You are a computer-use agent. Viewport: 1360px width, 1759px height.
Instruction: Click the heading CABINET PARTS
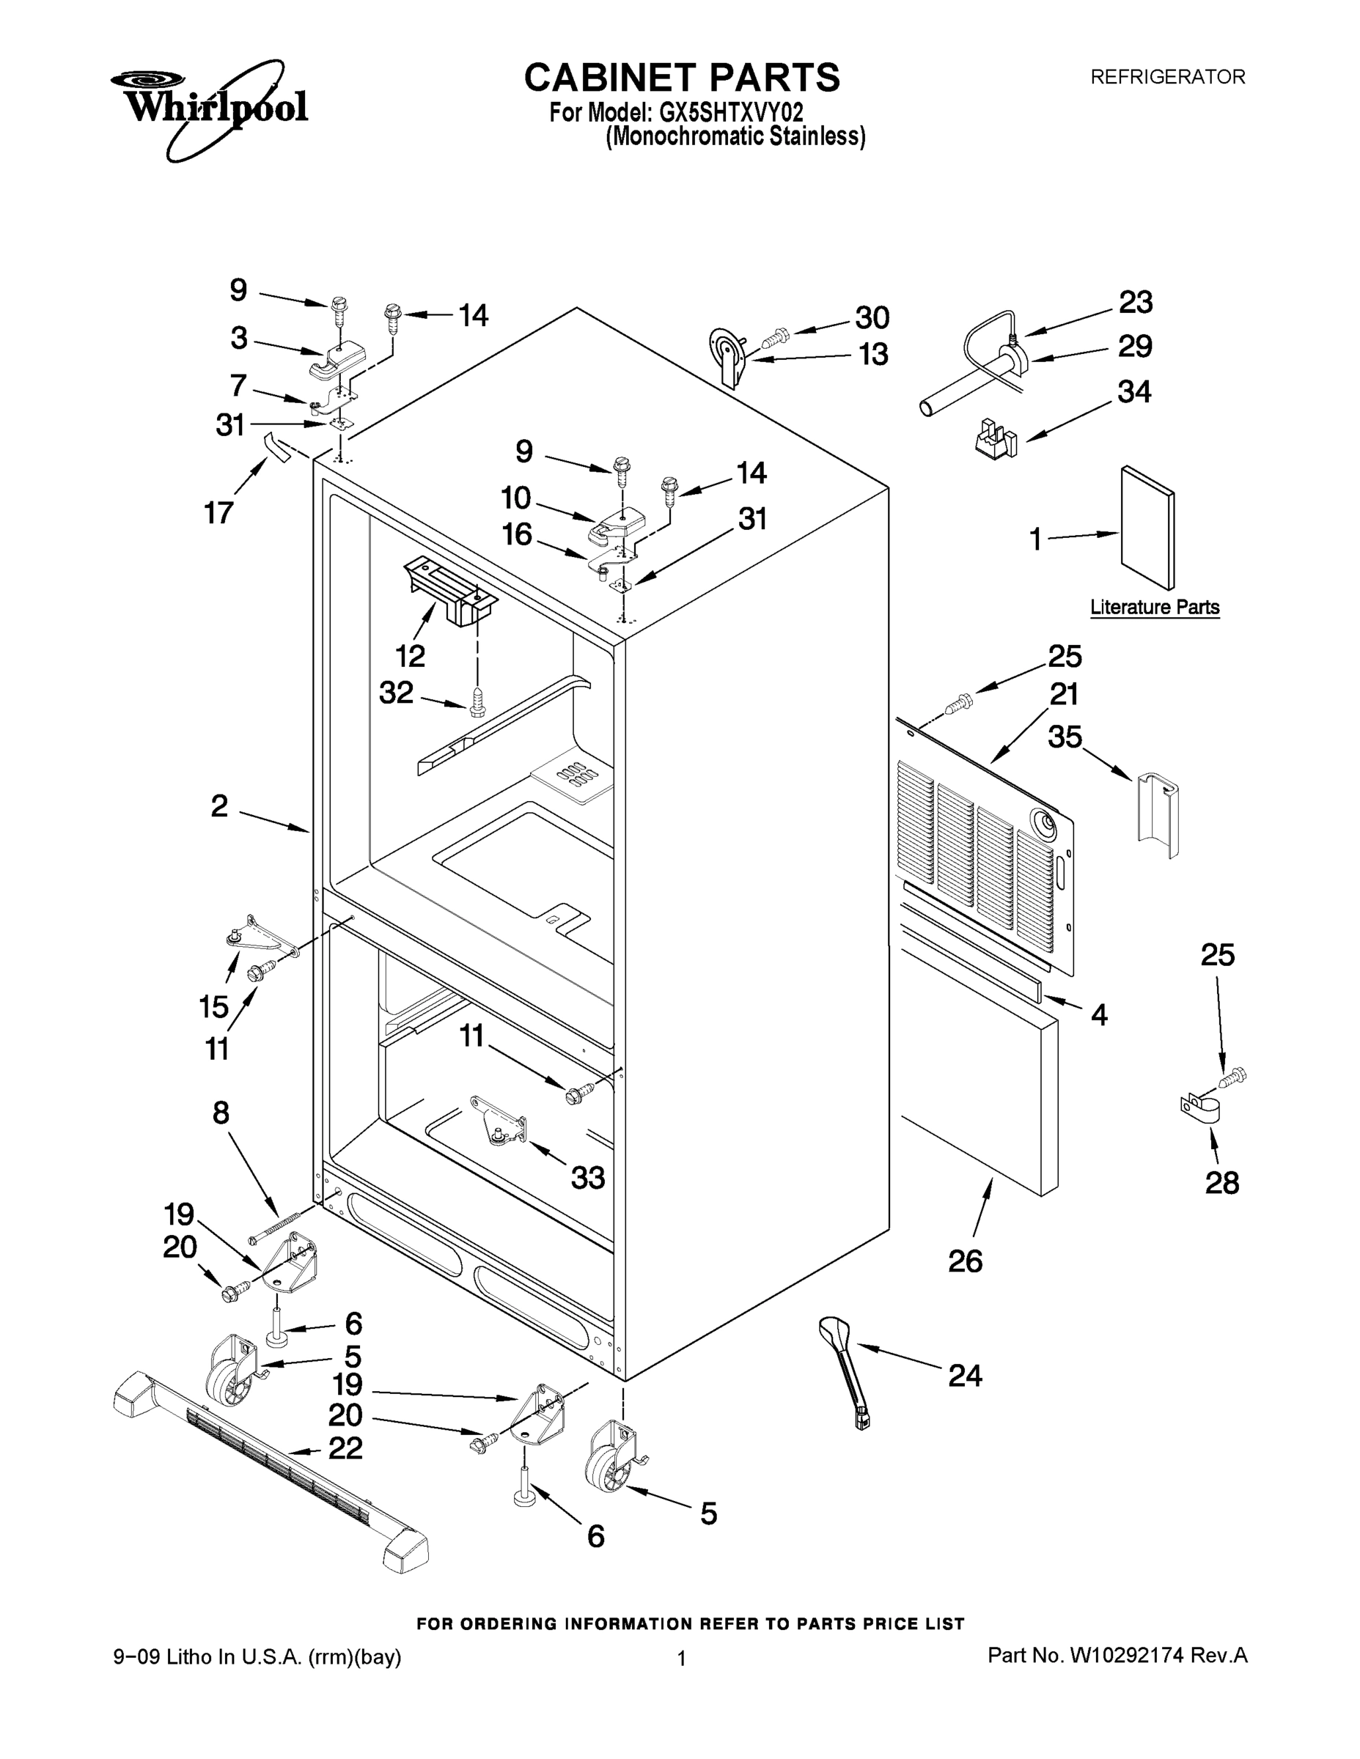coord(682,78)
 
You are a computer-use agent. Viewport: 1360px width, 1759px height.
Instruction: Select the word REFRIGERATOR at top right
coord(1167,77)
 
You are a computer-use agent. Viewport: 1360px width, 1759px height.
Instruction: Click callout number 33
coord(588,1178)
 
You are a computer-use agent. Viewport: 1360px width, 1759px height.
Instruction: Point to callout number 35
coord(1065,736)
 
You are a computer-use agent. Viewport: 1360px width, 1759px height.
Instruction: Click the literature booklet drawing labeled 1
coord(1147,528)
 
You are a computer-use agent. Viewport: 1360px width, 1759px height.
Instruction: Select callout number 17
coord(218,512)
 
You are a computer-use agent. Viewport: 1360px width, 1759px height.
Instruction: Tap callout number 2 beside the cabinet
coord(219,805)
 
